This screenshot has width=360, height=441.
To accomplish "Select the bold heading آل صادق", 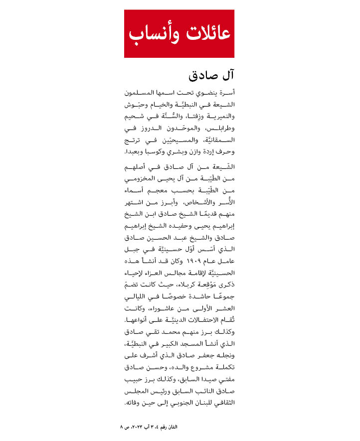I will pos(211,76).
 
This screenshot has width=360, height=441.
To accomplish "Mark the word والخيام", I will pos(164,105).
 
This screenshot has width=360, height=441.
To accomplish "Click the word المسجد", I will pos(187,344).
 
